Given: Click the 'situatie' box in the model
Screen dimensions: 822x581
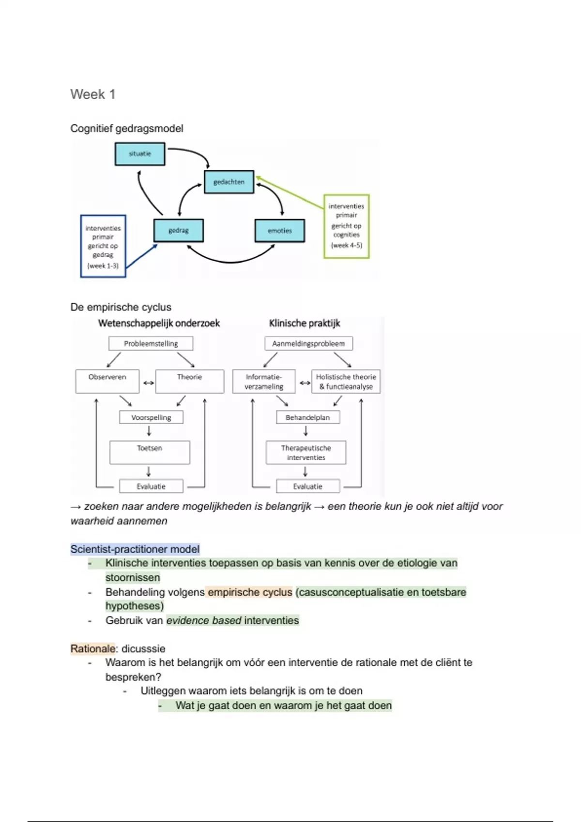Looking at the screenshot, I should (x=140, y=154).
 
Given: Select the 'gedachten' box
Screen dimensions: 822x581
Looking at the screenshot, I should (x=229, y=182).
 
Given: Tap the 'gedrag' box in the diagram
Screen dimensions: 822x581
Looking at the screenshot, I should (x=179, y=231).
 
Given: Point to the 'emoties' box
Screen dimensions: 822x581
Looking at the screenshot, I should (x=280, y=231).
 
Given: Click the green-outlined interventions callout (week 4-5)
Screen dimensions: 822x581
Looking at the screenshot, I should (x=346, y=226).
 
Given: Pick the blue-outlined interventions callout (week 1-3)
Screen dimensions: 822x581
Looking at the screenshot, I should (x=103, y=246).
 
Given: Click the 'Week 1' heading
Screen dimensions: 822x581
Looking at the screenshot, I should (x=93, y=94).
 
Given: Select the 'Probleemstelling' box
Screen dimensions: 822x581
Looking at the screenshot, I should (x=151, y=343).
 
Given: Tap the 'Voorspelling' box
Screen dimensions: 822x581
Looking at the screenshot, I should (x=151, y=417).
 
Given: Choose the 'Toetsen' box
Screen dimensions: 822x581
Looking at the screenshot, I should (x=150, y=452).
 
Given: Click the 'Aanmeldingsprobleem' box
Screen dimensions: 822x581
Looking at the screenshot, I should (x=308, y=343).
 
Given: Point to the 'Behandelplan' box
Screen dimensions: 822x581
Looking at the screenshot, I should (x=307, y=417).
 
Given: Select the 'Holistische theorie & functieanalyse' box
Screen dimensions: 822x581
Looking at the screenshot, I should (x=346, y=382).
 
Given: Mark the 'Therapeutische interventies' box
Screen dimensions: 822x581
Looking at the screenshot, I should (x=306, y=453).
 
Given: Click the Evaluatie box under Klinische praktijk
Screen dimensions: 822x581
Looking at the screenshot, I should (x=307, y=486).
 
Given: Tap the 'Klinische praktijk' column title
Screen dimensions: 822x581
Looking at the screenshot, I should (x=305, y=323).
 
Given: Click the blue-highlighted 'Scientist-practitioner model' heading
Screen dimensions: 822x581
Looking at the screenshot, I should (x=135, y=549).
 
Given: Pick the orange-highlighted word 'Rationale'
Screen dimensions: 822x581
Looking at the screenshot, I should (x=93, y=649).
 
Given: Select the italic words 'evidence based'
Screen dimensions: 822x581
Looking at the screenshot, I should (x=204, y=620).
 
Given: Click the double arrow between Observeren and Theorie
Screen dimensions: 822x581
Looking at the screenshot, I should (x=148, y=383).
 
